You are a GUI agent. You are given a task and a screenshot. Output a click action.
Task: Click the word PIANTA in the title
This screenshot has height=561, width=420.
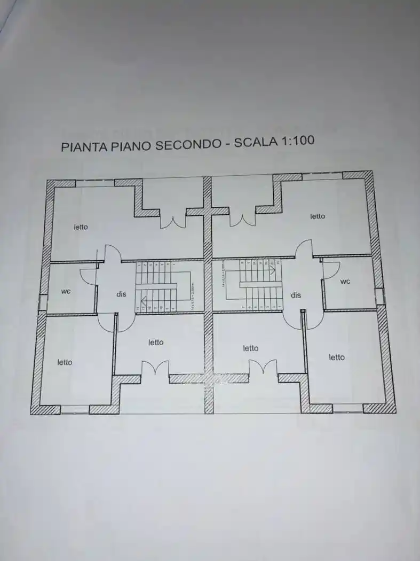[x=84, y=146]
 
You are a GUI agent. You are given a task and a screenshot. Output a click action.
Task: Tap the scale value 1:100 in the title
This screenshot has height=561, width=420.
[x=295, y=141]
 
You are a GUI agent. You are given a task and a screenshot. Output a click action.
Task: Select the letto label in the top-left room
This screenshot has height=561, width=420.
[x=81, y=227]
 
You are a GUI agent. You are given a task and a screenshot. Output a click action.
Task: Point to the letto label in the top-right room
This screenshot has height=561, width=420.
[x=318, y=216]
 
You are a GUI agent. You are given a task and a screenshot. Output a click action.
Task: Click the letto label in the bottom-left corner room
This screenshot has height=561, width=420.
[x=65, y=362]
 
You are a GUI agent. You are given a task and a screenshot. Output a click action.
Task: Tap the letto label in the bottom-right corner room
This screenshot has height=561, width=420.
[x=337, y=357]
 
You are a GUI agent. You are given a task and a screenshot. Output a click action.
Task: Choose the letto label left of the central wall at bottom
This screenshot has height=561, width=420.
[x=156, y=342]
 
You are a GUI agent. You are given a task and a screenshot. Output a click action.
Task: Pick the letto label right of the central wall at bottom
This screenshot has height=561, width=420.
[x=250, y=348]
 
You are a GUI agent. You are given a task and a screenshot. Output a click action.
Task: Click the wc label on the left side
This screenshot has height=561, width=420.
[x=66, y=291]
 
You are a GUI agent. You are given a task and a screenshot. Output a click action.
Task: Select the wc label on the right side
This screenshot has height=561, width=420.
[x=345, y=281]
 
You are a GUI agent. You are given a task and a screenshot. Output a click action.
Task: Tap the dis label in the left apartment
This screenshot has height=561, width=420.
[x=121, y=294]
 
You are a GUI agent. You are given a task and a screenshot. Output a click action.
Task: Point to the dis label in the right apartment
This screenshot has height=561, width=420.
[x=296, y=295]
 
